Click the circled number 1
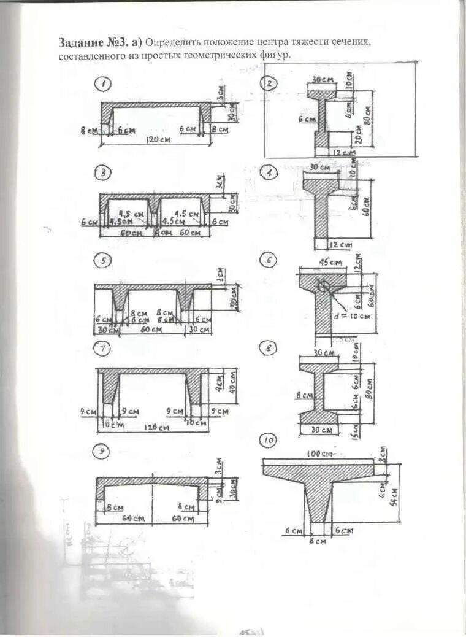click(105, 83)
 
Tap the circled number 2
click(269, 84)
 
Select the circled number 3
click(104, 174)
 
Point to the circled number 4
click(269, 174)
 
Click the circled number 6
click(268, 260)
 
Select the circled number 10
click(268, 440)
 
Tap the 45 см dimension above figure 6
click(330, 263)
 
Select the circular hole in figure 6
click(324, 286)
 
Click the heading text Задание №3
click(93, 43)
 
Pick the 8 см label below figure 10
click(318, 541)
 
